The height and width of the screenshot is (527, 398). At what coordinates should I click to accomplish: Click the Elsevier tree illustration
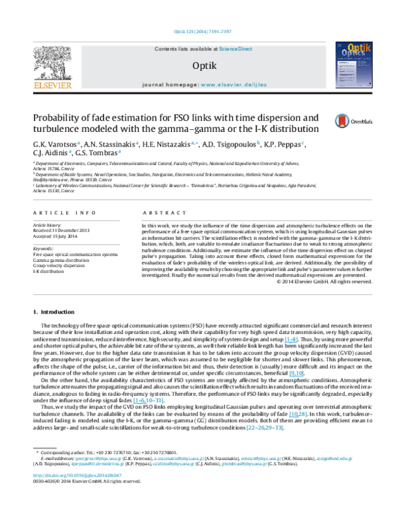click(52, 62)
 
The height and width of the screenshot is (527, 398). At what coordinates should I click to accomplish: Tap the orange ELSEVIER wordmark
click(52, 86)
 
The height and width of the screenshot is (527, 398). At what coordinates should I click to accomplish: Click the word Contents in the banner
click(165, 49)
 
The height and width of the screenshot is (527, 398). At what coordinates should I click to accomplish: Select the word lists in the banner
click(183, 49)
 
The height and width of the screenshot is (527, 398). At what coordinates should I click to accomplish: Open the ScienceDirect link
click(236, 49)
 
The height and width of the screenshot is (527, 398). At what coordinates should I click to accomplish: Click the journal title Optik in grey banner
click(204, 66)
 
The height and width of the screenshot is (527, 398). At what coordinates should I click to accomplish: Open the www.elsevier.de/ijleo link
click(233, 85)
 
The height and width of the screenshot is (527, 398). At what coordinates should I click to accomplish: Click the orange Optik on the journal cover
click(360, 48)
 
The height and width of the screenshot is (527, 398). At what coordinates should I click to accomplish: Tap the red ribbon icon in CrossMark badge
click(342, 121)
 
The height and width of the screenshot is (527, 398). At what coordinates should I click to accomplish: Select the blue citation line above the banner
click(202, 32)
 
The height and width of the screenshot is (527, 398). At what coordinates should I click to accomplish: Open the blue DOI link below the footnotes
click(78, 475)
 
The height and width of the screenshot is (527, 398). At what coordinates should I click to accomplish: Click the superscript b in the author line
click(259, 143)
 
